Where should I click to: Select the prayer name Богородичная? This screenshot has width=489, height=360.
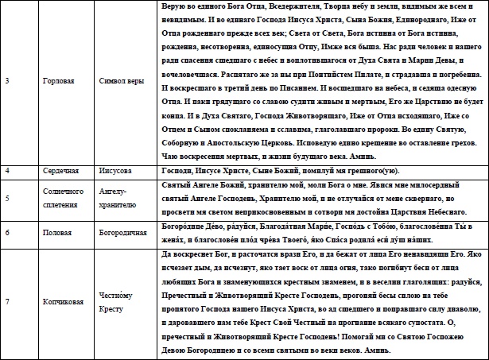126,232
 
